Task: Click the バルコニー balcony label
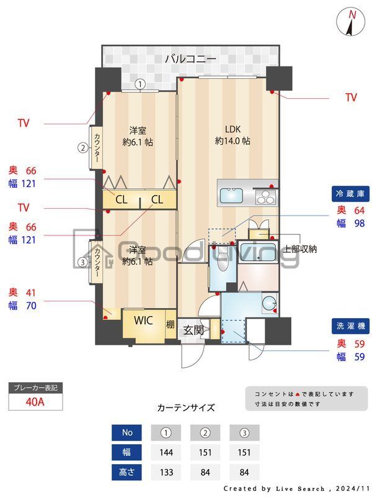coord(190,58)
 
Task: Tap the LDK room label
coord(233,129)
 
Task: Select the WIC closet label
coord(143,321)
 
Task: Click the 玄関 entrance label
coord(193,331)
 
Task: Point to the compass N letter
coord(352,15)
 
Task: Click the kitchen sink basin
coord(231,196)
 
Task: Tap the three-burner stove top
coord(266,197)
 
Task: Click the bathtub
coord(257,252)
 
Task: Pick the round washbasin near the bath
coord(269,303)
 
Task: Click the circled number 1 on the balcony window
coord(140,84)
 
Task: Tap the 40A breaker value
coord(35,402)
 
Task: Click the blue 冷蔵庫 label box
coord(350,194)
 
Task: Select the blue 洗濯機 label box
coord(350,326)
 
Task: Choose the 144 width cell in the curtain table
coord(166,452)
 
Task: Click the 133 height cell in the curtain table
coord(166,472)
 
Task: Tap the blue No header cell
coord(127,432)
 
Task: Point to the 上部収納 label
coord(300,249)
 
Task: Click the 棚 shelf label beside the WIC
coord(170,324)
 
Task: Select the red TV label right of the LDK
coord(351,98)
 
